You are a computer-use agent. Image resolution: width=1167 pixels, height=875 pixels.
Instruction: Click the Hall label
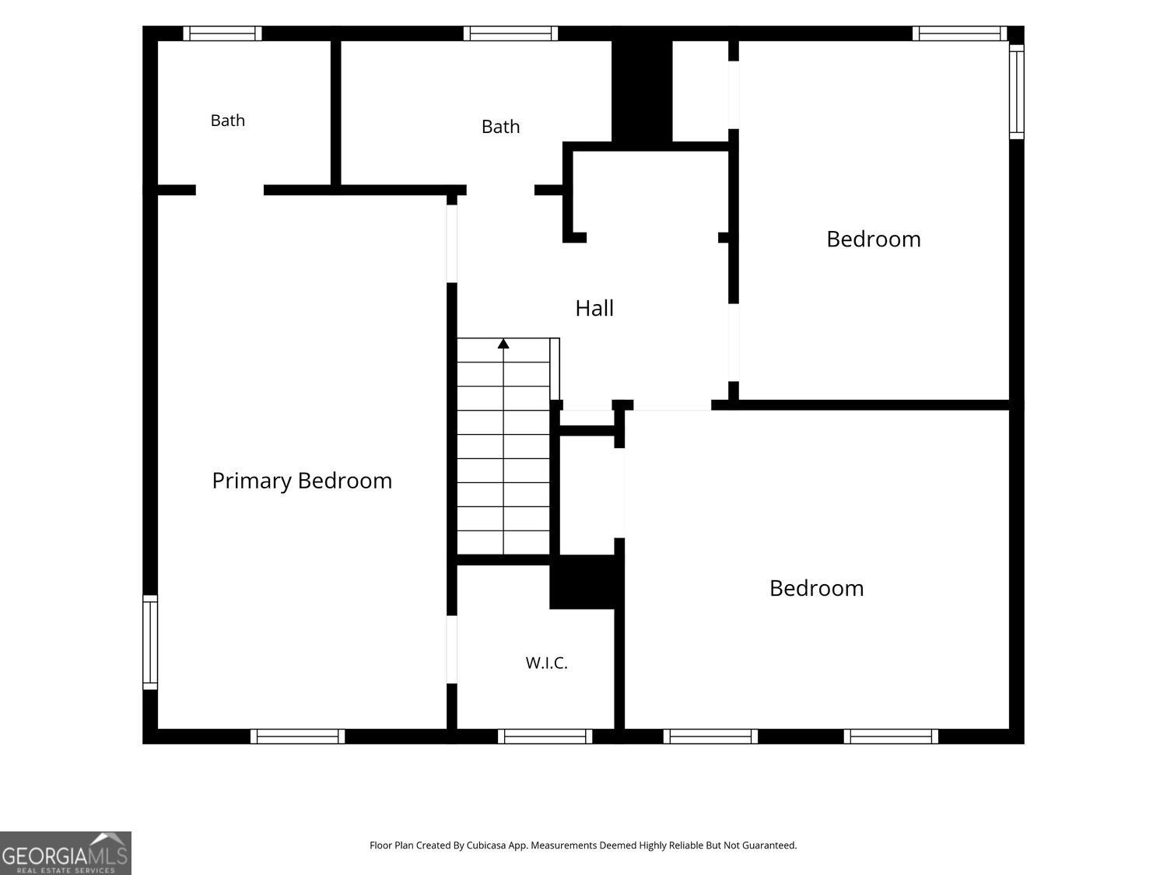594,308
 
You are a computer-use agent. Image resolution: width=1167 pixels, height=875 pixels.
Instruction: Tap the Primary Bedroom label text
302,481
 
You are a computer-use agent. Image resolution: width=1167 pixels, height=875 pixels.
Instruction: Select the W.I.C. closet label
547,663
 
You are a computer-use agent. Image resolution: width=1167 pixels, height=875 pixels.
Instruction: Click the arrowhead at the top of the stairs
503,344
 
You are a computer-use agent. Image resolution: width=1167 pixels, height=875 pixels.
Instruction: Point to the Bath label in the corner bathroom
227,121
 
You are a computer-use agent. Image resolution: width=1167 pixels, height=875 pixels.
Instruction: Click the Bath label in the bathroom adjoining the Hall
500,127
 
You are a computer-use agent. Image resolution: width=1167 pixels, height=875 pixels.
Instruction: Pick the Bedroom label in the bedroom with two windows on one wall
817,588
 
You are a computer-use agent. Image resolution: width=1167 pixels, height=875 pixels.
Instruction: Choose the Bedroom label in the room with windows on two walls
874,239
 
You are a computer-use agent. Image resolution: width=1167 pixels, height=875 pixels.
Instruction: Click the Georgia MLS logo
65,853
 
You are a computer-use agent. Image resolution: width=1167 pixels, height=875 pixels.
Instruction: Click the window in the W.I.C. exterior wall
545,737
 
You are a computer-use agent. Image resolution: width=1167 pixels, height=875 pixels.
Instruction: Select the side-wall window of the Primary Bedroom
150,642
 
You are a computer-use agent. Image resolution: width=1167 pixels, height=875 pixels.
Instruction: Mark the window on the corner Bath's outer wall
223,33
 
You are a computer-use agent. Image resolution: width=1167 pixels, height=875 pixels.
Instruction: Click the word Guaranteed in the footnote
769,845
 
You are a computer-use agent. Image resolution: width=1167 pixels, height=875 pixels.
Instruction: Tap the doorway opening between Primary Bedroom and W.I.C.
452,649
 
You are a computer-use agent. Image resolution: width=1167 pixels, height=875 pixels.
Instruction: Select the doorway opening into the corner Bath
230,191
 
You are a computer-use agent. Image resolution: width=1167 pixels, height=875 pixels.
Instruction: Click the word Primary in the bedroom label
252,481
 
